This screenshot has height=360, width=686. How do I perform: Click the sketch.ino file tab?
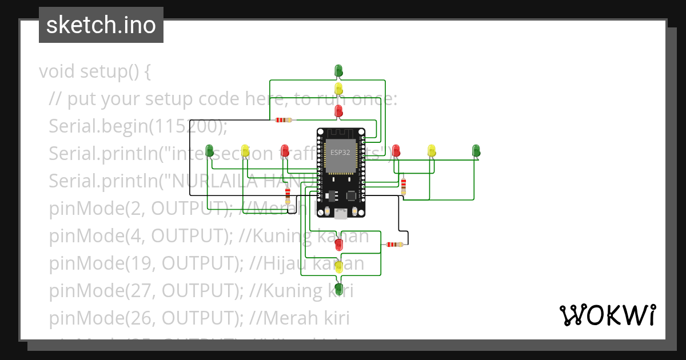click(101, 25)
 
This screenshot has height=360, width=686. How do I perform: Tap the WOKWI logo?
click(607, 315)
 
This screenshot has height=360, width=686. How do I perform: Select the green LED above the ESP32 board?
click(338, 70)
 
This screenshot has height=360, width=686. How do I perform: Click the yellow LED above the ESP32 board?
click(338, 89)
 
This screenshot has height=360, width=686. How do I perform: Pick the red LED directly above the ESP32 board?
click(338, 110)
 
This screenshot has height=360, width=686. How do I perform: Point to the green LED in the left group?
click(209, 151)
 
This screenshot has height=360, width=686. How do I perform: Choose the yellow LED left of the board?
click(245, 151)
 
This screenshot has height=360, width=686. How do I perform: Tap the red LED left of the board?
click(285, 151)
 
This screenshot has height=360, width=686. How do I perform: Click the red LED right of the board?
click(396, 150)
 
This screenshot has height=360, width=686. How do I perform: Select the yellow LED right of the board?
click(432, 150)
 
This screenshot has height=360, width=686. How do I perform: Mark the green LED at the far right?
click(476, 150)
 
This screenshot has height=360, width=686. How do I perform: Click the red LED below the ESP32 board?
click(338, 245)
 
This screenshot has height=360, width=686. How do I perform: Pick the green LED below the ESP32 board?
click(338, 288)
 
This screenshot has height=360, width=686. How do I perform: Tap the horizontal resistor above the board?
click(283, 120)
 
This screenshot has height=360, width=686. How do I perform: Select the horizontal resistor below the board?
click(394, 245)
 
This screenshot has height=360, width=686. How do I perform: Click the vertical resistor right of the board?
click(404, 186)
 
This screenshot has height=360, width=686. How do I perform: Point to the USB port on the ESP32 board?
click(341, 214)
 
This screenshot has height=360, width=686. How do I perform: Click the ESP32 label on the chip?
click(340, 153)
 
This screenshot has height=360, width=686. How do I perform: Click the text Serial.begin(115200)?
click(138, 126)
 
